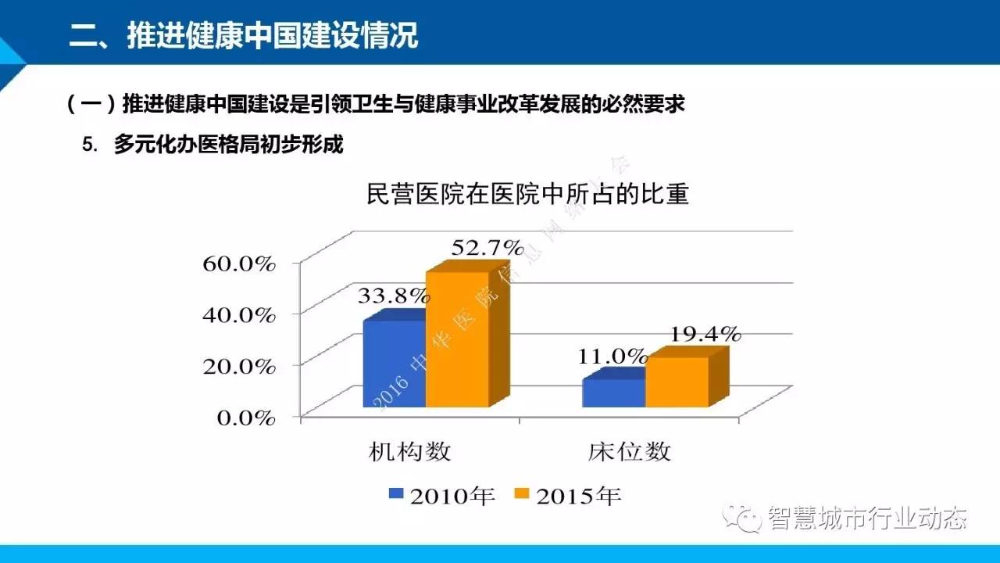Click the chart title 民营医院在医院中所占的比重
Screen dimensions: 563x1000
coord(527,193)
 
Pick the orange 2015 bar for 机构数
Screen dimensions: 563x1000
coord(457,340)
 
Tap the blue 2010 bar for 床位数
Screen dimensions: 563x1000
coord(613,393)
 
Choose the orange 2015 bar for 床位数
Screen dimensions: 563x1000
coord(677,382)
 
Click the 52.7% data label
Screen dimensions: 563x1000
coord(486,249)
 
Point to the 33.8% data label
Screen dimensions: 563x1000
coord(393,296)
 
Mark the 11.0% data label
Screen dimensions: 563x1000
coord(612,357)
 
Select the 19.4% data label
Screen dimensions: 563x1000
coord(704,334)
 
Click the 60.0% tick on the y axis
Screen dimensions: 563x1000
coord(239,264)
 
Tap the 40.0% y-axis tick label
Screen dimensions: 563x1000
coord(239,315)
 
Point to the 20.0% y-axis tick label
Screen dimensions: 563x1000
coord(239,366)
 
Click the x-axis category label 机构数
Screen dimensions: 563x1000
coord(411,451)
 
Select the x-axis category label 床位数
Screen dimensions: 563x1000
coord(629,451)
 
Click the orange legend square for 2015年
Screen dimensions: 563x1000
coord(521,493)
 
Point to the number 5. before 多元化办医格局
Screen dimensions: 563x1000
coord(88,145)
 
